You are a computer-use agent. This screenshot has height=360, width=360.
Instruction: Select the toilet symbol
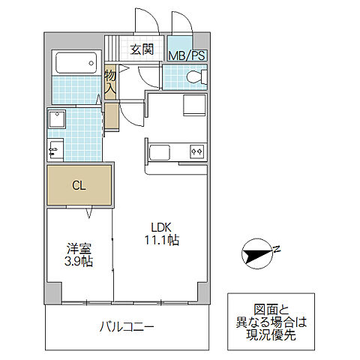pos(193,76)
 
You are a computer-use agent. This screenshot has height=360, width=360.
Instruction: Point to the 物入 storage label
pos(111,82)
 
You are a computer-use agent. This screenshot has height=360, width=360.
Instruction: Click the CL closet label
pos(79,186)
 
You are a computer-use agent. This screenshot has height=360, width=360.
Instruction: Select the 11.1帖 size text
pos(162,241)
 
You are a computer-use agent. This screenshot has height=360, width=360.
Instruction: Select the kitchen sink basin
pos(162,152)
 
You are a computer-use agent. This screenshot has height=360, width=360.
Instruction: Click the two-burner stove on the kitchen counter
pos(196,151)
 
